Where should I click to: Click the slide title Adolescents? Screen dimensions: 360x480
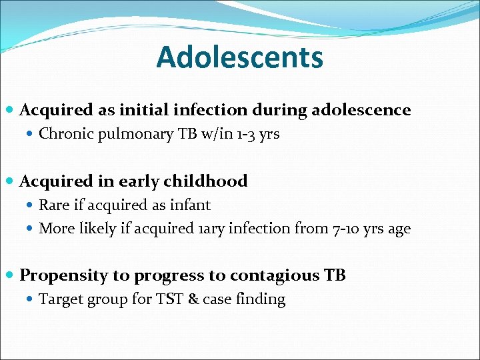pos(239,57)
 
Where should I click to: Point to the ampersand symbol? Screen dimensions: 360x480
pos(193,299)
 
